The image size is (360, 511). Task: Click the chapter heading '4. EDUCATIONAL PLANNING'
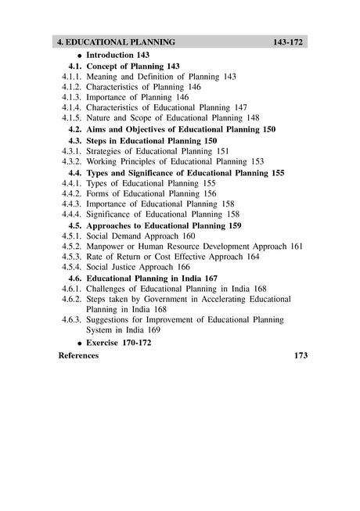117,41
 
